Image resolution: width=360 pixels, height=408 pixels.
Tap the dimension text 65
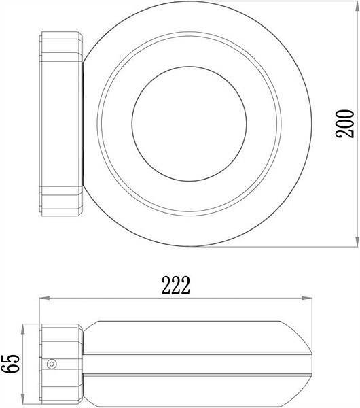pyautogui.click(x=10, y=364)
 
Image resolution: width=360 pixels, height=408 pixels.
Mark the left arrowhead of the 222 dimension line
pyautogui.click(x=43, y=298)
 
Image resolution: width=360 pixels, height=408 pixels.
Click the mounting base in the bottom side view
pyautogui.click(x=62, y=364)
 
